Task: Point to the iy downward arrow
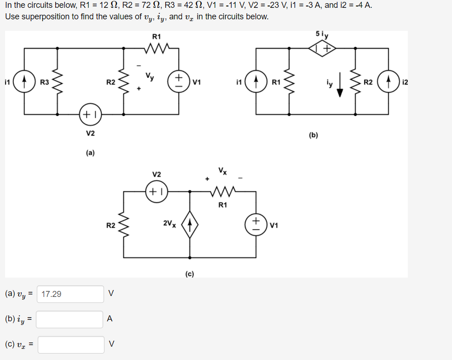[x=340, y=87]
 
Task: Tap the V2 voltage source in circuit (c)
[x=157, y=192]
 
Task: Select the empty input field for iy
[x=70, y=319]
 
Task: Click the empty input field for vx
[x=71, y=344]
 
